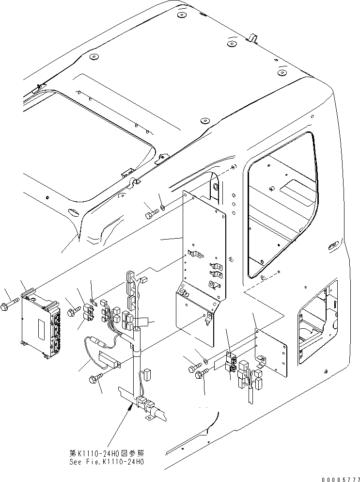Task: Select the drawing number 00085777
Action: [341, 479]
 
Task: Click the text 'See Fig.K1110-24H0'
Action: [106, 462]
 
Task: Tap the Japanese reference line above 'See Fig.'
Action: [106, 453]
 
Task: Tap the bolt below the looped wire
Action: [96, 377]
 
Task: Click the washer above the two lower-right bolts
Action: [205, 360]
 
